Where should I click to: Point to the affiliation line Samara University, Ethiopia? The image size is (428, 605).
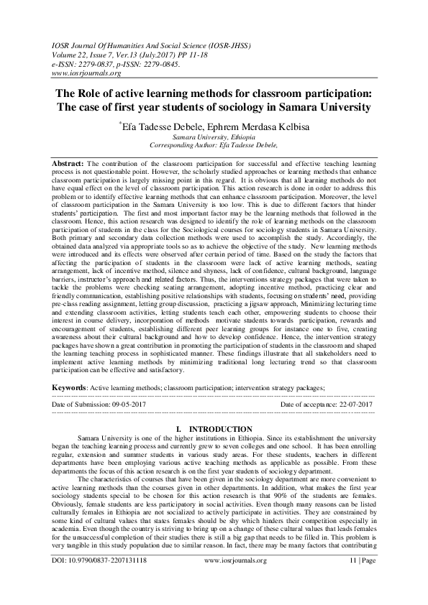(213, 135)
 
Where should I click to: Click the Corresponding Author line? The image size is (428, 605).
(213, 144)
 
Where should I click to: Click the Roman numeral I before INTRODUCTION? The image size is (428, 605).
(178, 429)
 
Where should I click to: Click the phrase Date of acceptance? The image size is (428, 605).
(303, 405)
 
